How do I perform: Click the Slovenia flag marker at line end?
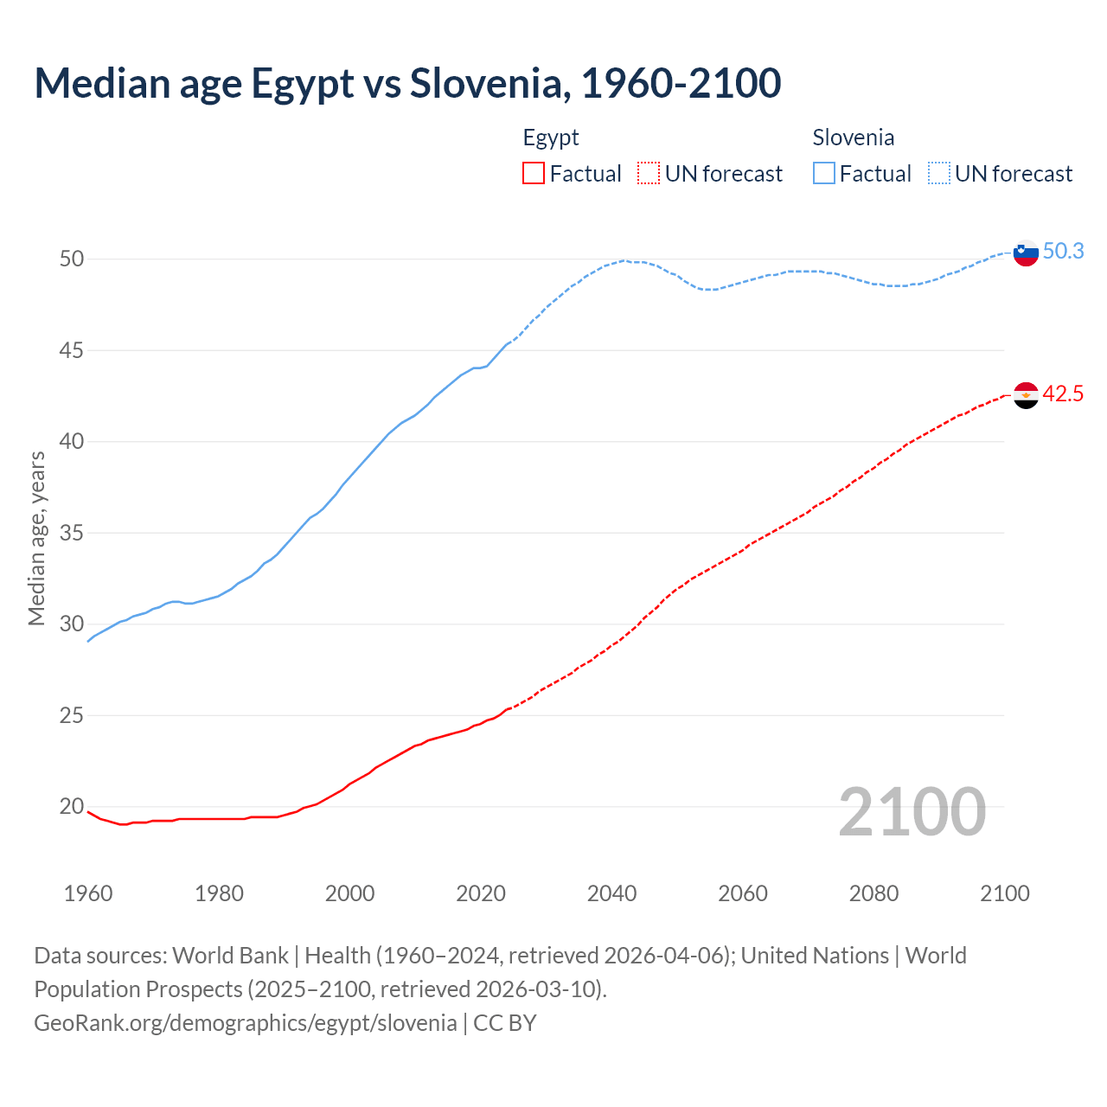[x=1025, y=253]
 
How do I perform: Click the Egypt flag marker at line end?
[x=1025, y=395]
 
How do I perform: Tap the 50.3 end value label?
[x=1063, y=252]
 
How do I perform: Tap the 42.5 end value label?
[x=1063, y=394]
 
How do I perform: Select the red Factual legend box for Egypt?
[x=534, y=174]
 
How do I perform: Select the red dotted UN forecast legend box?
[x=649, y=174]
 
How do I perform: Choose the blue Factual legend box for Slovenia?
[x=824, y=174]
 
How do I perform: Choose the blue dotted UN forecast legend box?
[x=939, y=174]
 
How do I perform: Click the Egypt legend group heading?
[x=551, y=138]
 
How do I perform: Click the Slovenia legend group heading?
[x=853, y=138]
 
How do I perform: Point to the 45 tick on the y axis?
[x=72, y=350]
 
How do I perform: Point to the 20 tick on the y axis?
[x=72, y=807]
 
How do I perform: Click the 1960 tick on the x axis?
[x=88, y=893]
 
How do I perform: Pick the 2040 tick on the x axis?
[x=611, y=893]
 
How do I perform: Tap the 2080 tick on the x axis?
[x=873, y=893]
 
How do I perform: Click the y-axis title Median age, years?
[x=36, y=538]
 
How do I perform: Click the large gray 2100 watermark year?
[x=912, y=812]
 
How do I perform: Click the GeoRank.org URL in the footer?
[x=245, y=1023]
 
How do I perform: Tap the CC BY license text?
[x=505, y=1023]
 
